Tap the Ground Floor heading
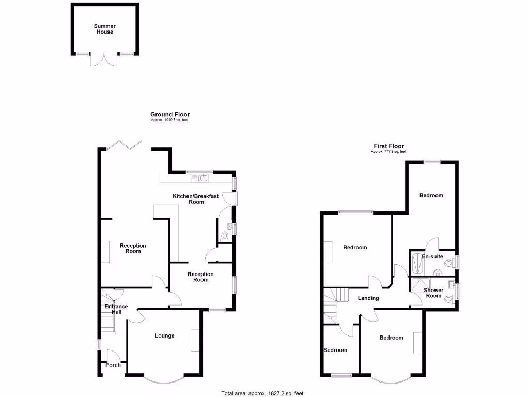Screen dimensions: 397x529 (170, 114)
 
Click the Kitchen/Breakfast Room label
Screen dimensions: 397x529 (196, 199)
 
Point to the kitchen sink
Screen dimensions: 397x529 (199, 178)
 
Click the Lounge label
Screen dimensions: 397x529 (165, 336)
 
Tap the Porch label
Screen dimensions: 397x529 (113, 365)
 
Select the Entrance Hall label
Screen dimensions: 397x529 (116, 309)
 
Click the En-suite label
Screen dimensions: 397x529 (432, 257)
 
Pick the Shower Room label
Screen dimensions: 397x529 (433, 293)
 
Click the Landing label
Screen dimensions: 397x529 (368, 298)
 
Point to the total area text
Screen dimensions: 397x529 (263, 393)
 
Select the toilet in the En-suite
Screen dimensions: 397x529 (449, 263)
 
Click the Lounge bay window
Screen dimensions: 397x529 (164, 378)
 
